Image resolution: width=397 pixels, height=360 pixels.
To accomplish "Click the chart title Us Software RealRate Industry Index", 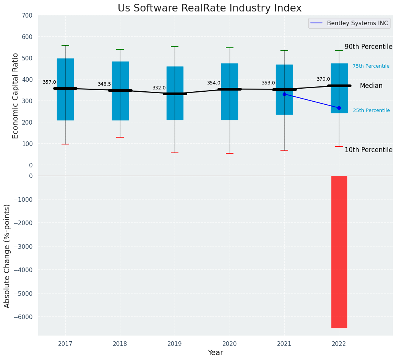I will pos(209,8).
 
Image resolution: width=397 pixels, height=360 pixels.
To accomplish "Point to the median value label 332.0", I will pos(159,88).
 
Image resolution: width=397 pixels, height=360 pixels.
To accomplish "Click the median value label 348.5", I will pos(104,84).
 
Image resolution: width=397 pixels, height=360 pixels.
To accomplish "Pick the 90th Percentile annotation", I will pos(368,47).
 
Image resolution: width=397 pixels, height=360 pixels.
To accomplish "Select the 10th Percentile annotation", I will pos(368,150).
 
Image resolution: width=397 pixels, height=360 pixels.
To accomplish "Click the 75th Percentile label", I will pos(371,66).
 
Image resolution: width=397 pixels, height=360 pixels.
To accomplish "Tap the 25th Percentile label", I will pos(371,110).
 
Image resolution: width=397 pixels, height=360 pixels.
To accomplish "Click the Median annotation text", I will pos(371,86).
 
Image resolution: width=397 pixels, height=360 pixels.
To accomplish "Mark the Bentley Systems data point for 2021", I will pos(284,94).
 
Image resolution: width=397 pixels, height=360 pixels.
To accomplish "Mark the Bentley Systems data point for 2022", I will pos(339,108).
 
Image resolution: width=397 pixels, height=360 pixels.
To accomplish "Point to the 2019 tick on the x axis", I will pos(175,344).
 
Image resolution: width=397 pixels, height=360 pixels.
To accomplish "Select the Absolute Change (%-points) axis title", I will pos(7,256).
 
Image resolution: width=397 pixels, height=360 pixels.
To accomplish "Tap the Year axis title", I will pos(216,353).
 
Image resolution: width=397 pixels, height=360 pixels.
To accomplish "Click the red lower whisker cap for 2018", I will pos(120,137).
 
